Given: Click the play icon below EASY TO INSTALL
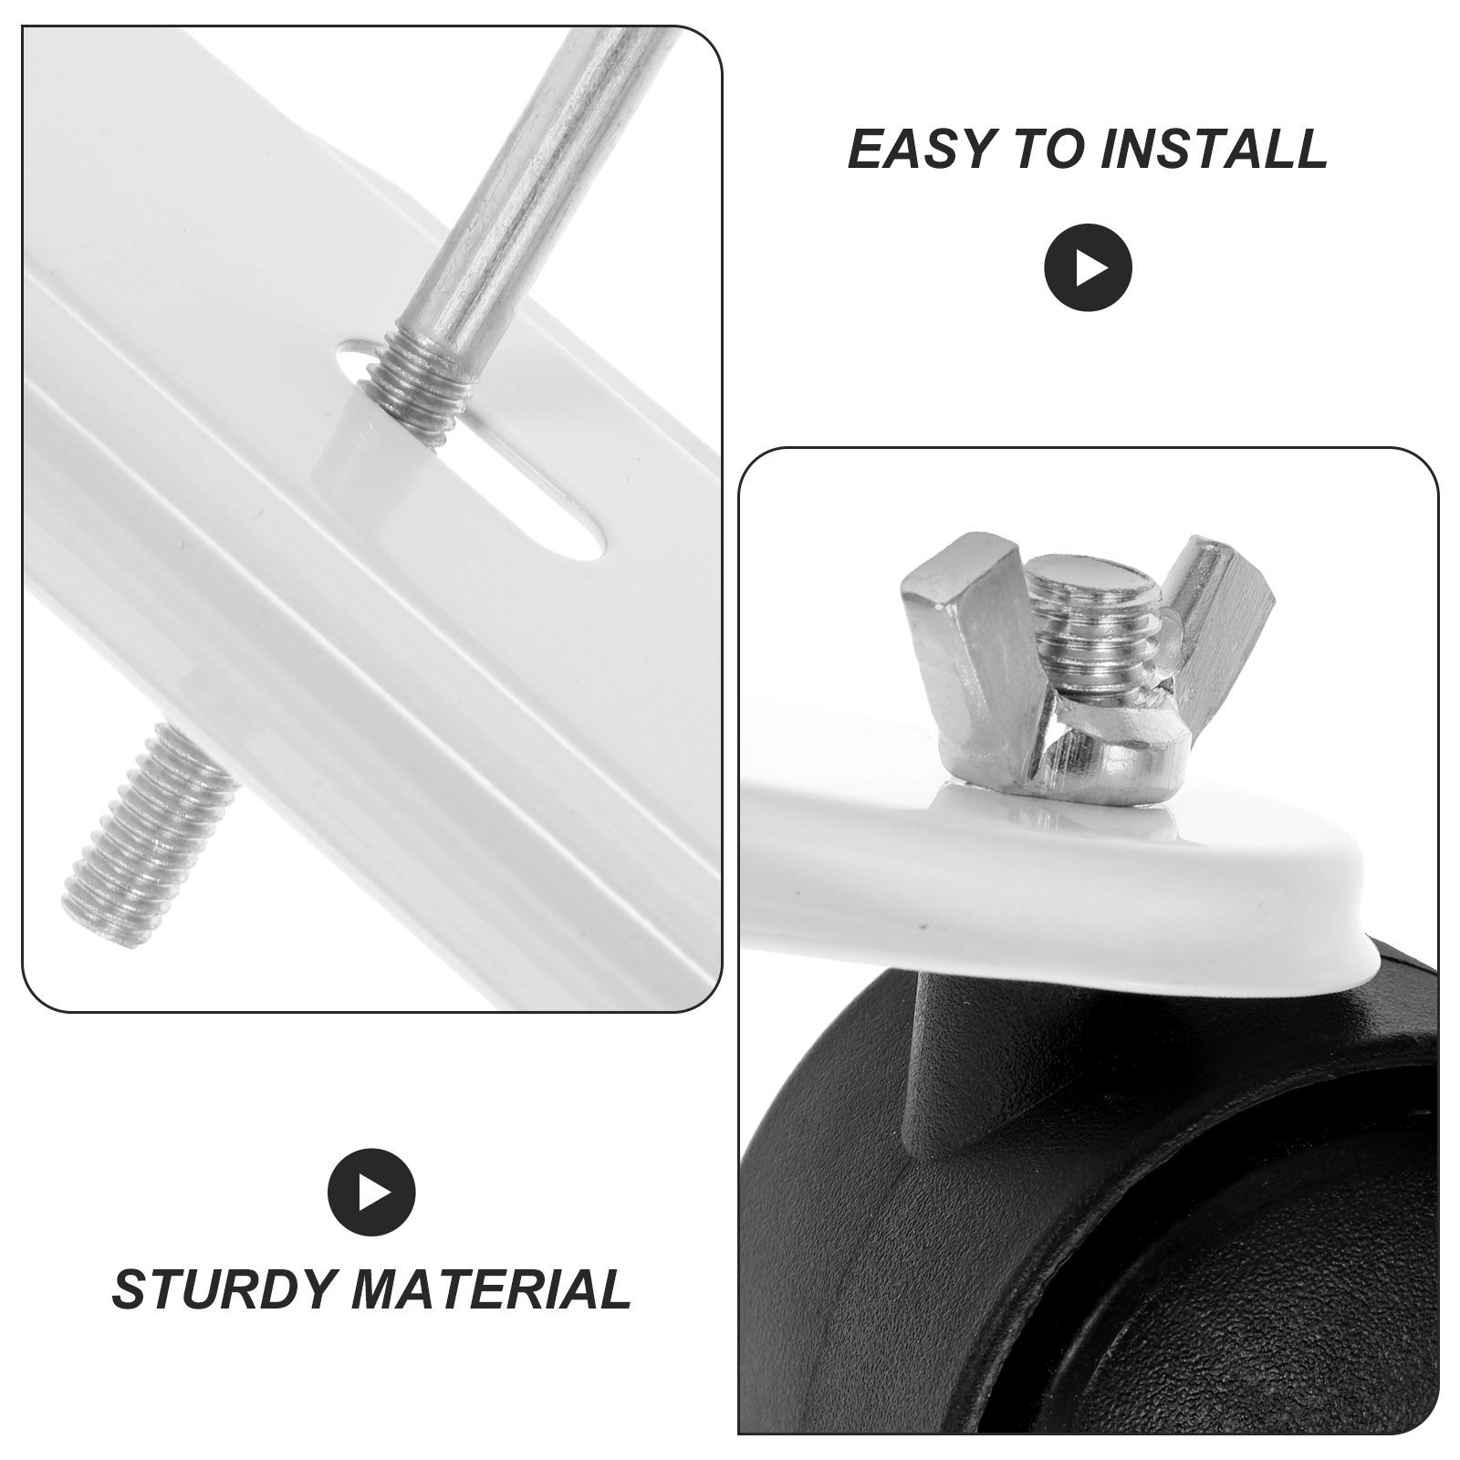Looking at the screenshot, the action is tap(1088, 268).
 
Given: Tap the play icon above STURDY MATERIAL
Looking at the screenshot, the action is tap(371, 1193).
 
